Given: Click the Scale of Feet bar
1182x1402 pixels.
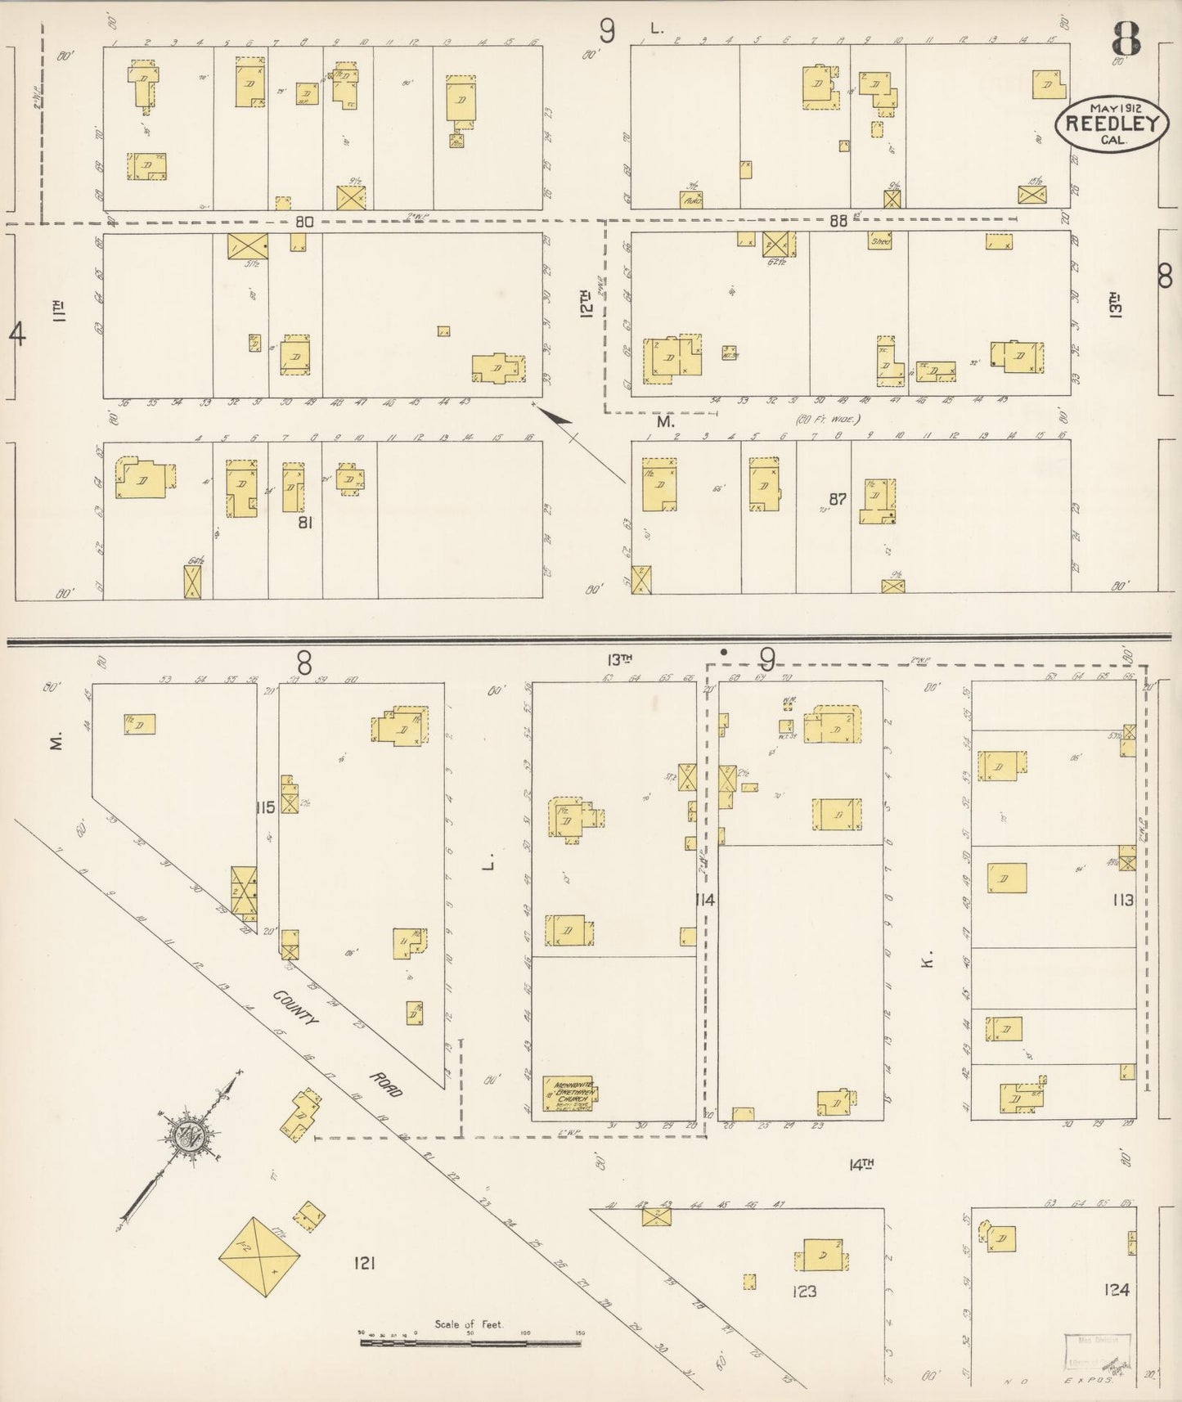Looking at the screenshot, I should click(470, 1342).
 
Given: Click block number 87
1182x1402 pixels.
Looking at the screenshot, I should click(836, 499).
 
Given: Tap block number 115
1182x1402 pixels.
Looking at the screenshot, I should click(264, 808).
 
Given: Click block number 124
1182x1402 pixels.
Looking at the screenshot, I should click(1116, 1290).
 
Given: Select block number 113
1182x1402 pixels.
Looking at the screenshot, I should click(1122, 900).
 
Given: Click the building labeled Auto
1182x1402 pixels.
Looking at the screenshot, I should click(691, 199).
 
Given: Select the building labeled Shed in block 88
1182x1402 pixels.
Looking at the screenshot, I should click(879, 240).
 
